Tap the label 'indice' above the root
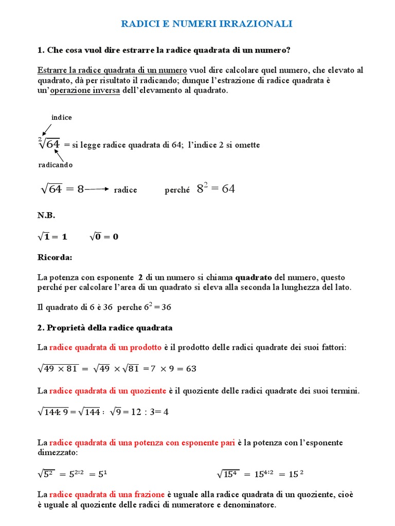tap(62, 118)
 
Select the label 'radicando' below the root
tap(56, 165)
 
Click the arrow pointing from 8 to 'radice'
tap(97, 190)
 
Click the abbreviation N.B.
tap(46, 216)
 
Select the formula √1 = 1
tap(52, 237)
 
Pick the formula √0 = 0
tap(104, 237)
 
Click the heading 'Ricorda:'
tap(55, 257)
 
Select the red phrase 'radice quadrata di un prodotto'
tap(105, 348)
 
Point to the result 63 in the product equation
tap(191, 369)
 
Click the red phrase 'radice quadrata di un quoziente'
tap(107, 391)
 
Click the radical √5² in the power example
tap(46, 474)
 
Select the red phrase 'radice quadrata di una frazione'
tap(107, 494)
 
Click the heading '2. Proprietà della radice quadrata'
tap(105, 328)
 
